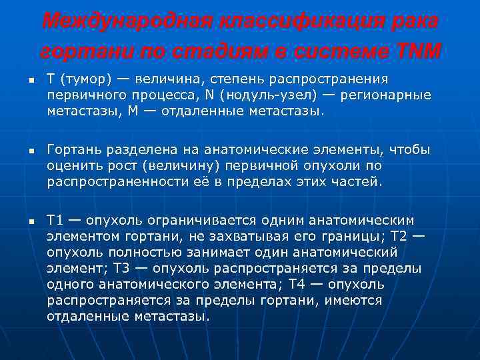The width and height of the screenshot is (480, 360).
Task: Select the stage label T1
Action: (56, 221)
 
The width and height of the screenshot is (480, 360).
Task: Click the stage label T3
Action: (123, 268)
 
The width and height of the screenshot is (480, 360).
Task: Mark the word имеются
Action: (354, 300)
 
